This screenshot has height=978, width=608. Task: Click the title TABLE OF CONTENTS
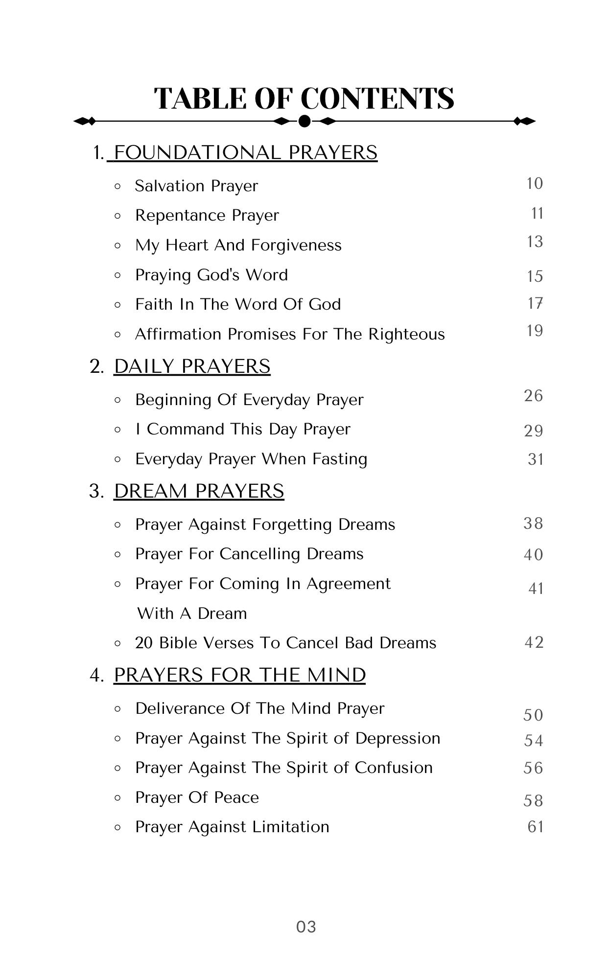(x=304, y=98)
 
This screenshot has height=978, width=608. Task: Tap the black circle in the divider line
(x=304, y=121)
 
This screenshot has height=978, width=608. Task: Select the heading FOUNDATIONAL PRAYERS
(x=245, y=153)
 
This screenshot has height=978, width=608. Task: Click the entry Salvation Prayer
(x=196, y=186)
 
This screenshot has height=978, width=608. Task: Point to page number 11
(x=537, y=213)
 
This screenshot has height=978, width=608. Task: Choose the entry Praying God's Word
(x=211, y=275)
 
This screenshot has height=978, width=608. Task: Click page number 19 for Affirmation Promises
(x=535, y=331)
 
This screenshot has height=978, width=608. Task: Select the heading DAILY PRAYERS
(x=192, y=366)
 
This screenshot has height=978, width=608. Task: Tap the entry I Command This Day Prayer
(x=243, y=429)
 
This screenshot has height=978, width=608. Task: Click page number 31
(x=536, y=459)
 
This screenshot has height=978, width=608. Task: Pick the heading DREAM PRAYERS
(x=199, y=491)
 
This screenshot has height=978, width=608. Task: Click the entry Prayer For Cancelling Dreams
(x=249, y=554)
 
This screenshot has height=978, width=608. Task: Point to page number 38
(x=533, y=523)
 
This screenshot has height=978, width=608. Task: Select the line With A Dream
(x=192, y=614)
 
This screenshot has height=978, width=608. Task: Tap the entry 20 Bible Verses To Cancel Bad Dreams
(x=285, y=643)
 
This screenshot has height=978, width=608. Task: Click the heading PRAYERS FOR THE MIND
(x=239, y=675)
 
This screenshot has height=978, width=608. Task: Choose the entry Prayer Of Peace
(x=197, y=797)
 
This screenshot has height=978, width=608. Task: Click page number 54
(x=534, y=741)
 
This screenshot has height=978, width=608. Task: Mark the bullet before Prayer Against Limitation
(x=117, y=827)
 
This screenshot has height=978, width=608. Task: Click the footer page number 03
(x=306, y=927)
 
